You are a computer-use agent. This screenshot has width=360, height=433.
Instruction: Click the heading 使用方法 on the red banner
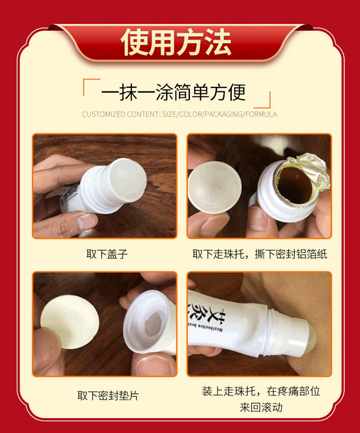[176, 42]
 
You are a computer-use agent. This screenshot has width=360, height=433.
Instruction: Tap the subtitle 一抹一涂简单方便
[173, 92]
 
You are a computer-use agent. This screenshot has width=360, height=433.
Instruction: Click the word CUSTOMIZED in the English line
[103, 114]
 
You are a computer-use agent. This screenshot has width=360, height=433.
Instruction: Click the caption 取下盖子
[107, 254]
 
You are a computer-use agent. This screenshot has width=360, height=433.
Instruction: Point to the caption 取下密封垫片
[108, 396]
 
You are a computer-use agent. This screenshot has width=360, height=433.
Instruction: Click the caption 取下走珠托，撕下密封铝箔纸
[260, 254]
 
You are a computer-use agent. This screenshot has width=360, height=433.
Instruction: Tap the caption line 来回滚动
[261, 407]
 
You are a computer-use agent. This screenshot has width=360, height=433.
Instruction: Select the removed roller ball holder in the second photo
[215, 187]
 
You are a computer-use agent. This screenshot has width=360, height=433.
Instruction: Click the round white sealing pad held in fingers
[70, 322]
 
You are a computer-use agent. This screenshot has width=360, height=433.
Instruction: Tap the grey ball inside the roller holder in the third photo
[153, 324]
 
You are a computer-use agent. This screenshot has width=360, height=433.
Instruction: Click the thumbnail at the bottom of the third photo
[153, 364]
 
